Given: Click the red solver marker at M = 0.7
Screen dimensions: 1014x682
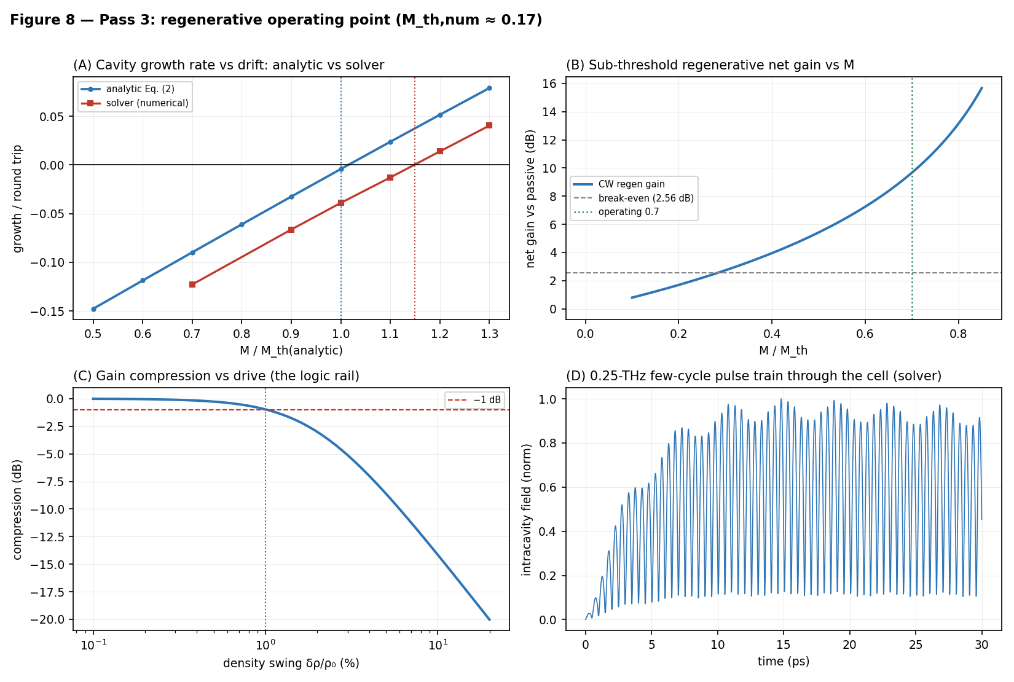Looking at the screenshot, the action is click(192, 284).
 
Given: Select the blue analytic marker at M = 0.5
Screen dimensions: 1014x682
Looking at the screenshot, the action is click(93, 310).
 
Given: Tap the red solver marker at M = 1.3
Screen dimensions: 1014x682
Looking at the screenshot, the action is click(489, 125).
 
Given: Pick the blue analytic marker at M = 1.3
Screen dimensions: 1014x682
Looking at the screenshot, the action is click(489, 88).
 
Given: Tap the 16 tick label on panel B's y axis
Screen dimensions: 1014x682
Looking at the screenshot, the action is click(549, 84).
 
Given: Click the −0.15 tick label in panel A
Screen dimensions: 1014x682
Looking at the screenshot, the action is click(47, 312).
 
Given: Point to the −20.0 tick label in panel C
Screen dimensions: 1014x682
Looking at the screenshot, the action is click(47, 619).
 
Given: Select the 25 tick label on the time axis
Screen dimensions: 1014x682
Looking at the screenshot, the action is click(916, 645).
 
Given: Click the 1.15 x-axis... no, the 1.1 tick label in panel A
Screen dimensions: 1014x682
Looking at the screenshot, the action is click(390, 334).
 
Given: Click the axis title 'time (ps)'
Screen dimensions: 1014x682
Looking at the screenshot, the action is click(784, 661).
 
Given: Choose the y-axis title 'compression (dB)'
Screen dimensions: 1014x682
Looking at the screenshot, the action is click(17, 509).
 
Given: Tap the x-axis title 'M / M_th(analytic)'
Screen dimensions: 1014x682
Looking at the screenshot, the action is click(291, 350).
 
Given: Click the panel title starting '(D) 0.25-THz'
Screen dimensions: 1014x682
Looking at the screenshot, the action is click(753, 376).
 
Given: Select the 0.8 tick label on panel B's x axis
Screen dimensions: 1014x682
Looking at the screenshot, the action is click(958, 334).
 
